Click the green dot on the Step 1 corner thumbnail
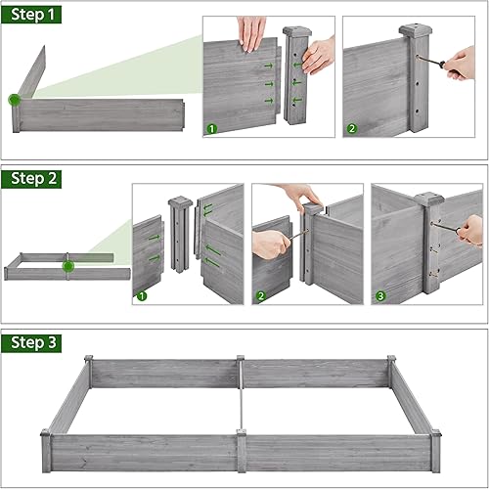(x=15, y=100)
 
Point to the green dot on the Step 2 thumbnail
(x=67, y=265)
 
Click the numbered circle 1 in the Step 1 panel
(x=209, y=129)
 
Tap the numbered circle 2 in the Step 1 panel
(x=350, y=129)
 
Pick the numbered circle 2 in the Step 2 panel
(x=260, y=296)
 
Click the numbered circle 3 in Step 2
(x=379, y=296)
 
